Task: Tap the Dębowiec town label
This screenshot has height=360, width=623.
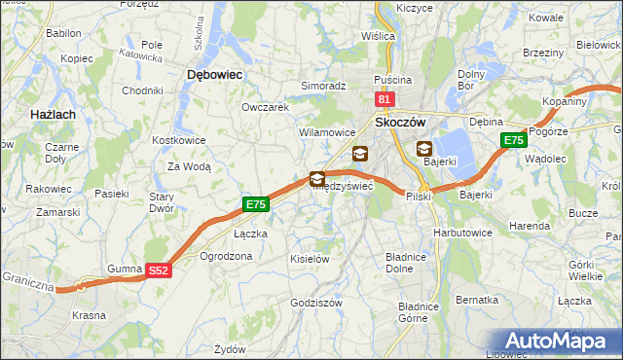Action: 213,74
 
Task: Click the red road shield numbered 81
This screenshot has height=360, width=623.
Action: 384,99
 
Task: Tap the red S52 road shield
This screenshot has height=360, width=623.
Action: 160,273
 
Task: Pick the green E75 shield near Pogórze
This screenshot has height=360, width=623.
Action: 514,141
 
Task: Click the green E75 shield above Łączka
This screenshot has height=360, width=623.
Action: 254,204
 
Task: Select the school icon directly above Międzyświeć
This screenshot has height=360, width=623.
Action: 317,179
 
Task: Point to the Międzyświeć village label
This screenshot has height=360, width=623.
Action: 342,187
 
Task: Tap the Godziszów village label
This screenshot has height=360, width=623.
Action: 316,303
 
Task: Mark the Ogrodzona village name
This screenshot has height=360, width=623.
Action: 225,256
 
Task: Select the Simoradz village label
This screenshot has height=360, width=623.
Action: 323,86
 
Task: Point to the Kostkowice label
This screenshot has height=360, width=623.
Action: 176,140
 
